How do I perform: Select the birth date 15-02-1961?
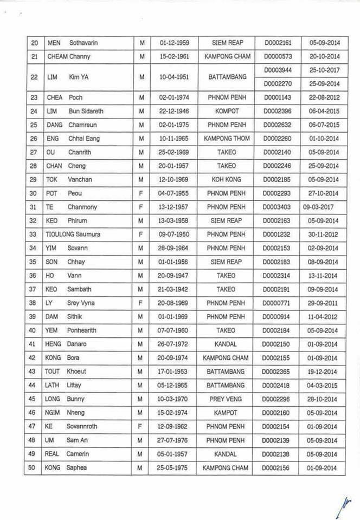coord(174,56)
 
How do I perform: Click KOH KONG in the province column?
coord(227,179)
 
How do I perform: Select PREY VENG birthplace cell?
coord(227,413)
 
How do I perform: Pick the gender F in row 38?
coord(140,303)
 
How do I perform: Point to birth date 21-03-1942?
coord(174,289)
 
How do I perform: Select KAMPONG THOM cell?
coord(227,138)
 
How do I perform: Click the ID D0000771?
coord(276,303)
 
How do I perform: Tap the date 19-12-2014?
coord(324,372)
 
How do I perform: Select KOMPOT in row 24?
coord(227,111)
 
